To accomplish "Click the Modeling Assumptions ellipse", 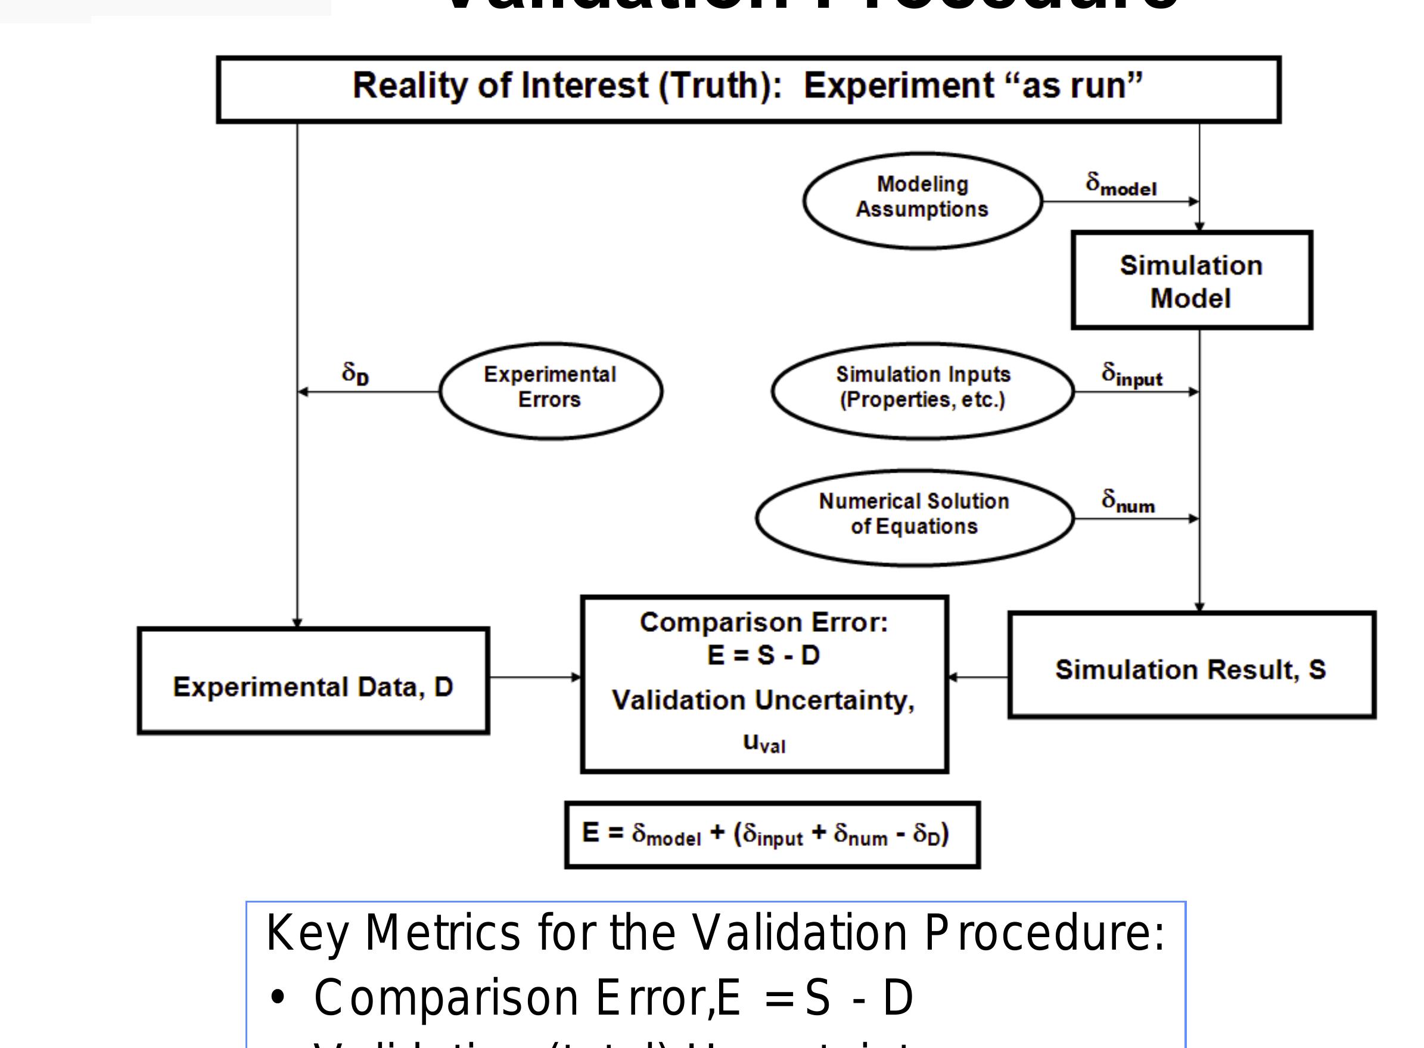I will (922, 200).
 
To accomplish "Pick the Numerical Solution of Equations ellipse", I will (913, 517).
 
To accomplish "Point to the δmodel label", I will (1120, 184).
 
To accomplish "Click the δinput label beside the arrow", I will (1131, 374).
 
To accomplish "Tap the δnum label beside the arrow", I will (1127, 501).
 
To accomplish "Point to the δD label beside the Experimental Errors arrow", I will (355, 374).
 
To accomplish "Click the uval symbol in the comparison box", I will (763, 742).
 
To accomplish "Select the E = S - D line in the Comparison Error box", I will (763, 655).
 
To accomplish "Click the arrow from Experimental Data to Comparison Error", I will (534, 677).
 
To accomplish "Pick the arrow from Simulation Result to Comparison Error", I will (978, 677).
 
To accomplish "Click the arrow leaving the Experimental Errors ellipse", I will (368, 392).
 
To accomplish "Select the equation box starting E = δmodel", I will (772, 834).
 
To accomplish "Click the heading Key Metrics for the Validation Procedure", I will (715, 933).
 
